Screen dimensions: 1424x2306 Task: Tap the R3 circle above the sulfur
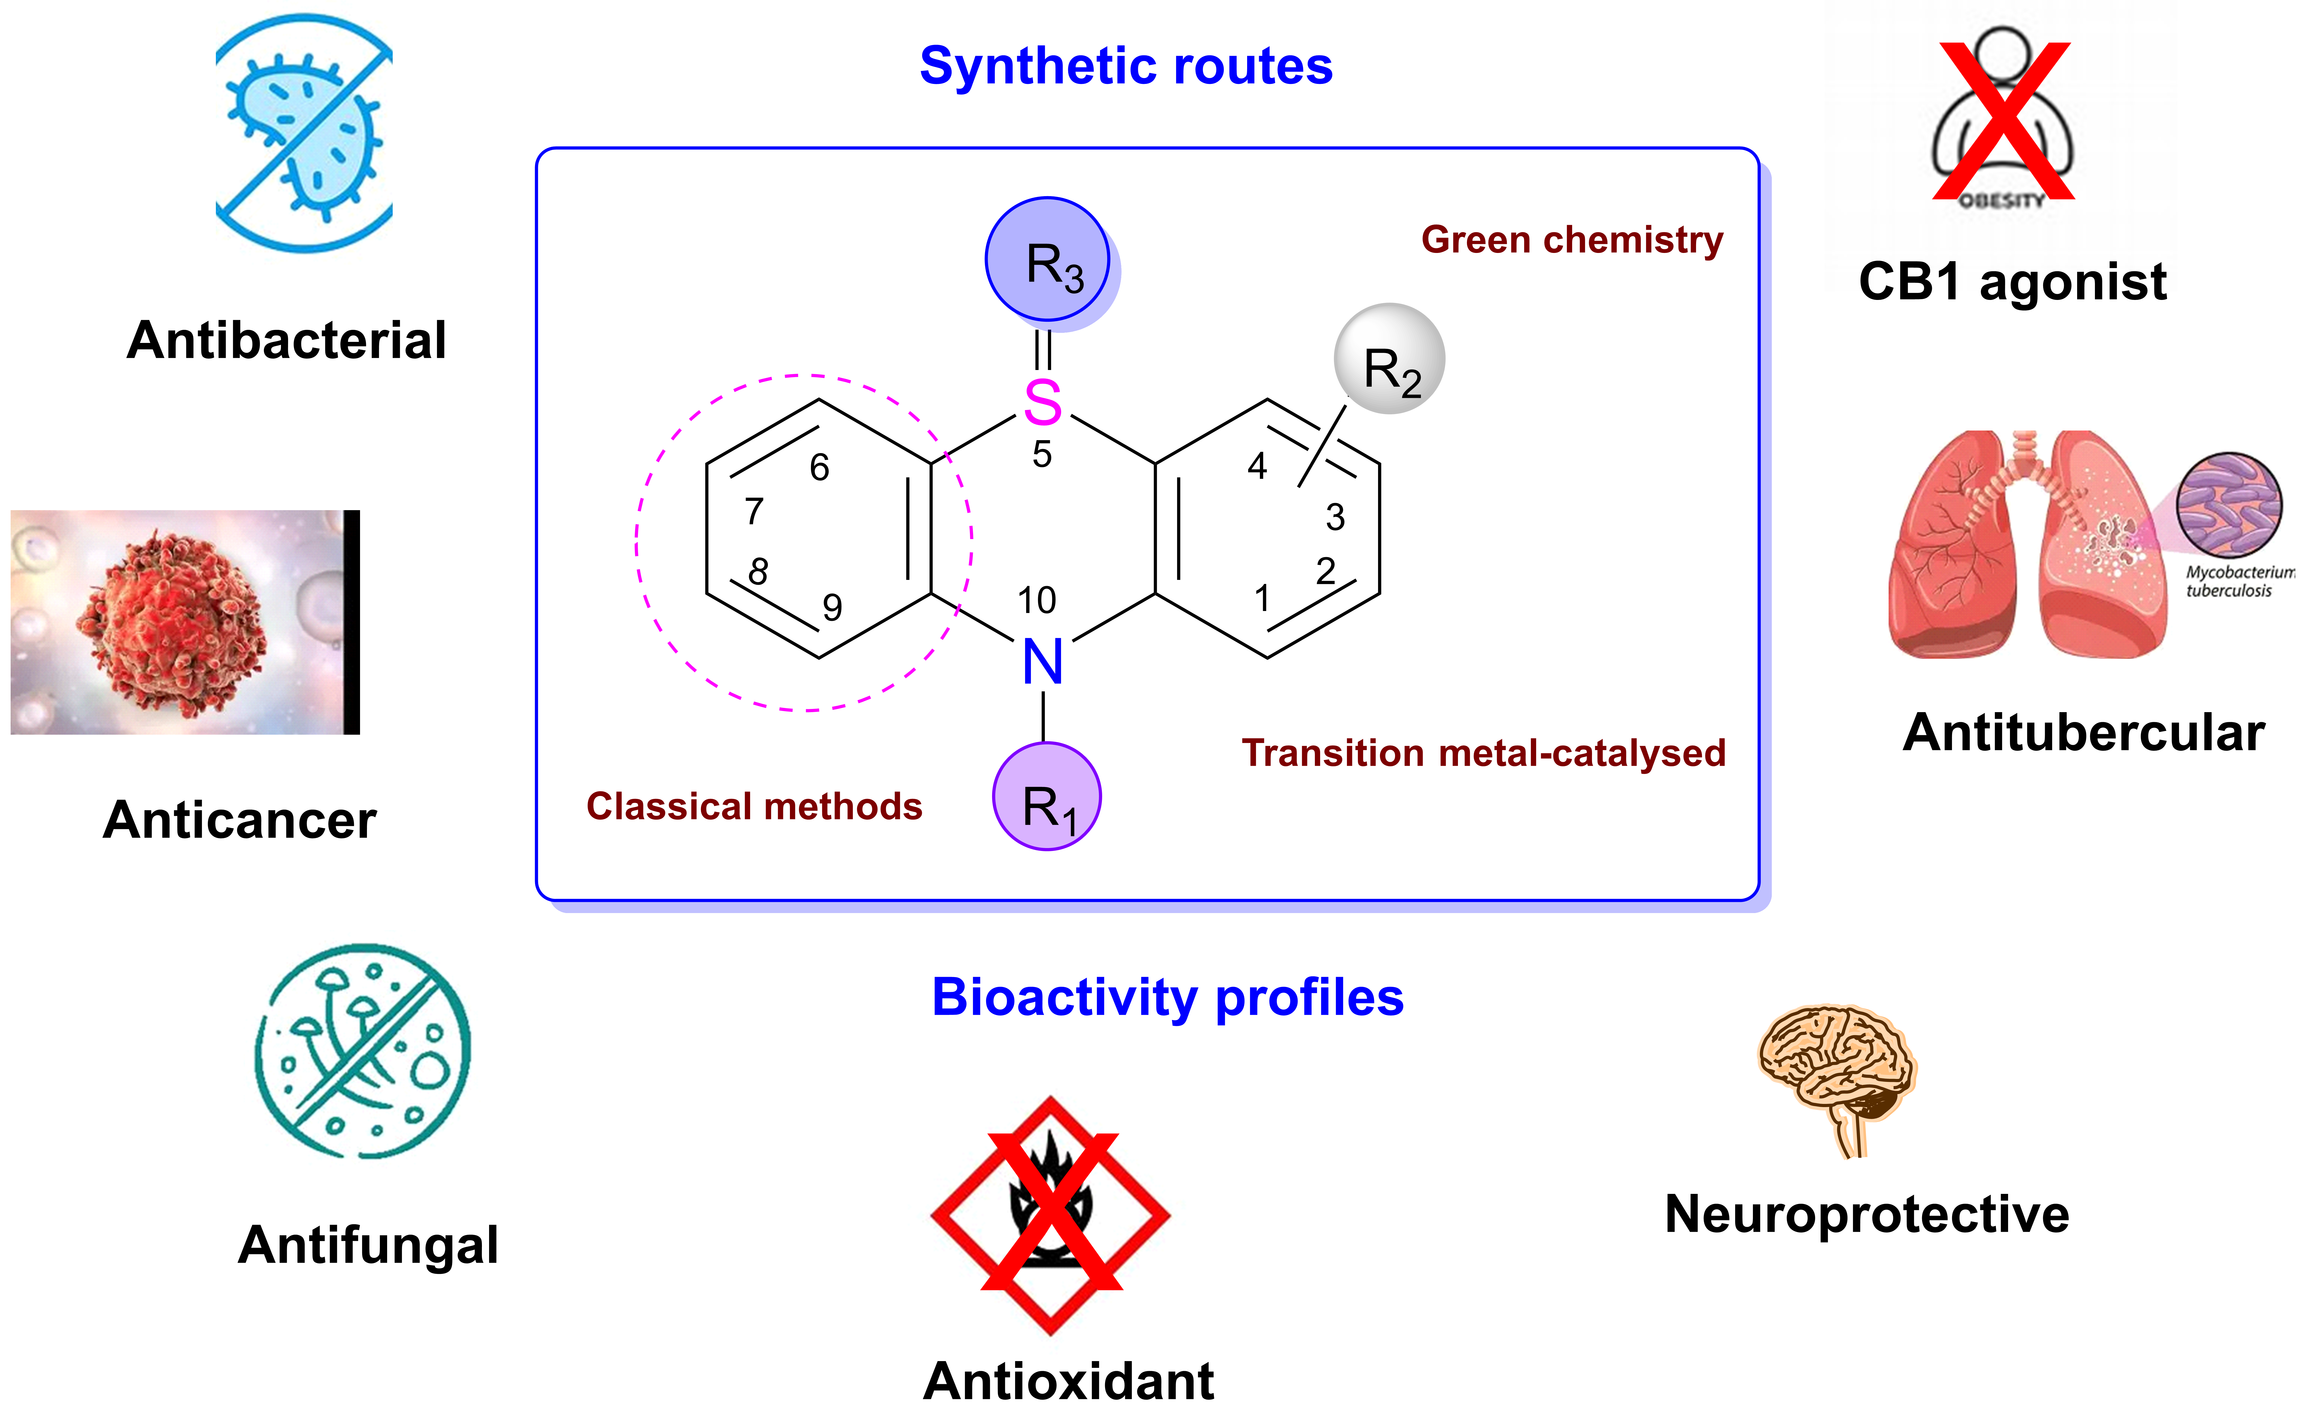(1047, 259)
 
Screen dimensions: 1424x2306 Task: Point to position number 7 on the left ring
(754, 511)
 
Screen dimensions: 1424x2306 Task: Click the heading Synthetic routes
(1126, 66)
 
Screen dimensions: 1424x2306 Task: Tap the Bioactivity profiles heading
(1167, 997)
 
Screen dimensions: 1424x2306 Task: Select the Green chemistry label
(1571, 240)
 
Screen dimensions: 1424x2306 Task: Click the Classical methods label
(754, 807)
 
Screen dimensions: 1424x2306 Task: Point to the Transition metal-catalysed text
(1483, 754)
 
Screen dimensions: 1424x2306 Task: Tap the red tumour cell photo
(179, 622)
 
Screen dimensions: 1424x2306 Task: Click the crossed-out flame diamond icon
(1050, 1215)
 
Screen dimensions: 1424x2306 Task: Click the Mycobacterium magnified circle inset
(2229, 505)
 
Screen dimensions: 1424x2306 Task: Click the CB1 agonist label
(2012, 282)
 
